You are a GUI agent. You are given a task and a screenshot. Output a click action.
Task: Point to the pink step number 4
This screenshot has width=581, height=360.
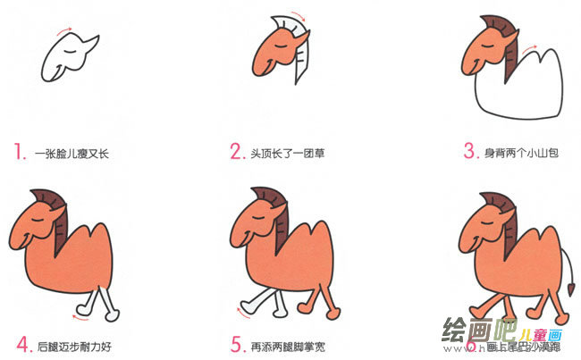coord(21,342)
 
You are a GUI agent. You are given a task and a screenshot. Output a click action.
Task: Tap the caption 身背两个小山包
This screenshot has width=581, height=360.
coord(522,154)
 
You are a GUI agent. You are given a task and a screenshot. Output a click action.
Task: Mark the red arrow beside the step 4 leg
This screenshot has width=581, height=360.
coord(80,313)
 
